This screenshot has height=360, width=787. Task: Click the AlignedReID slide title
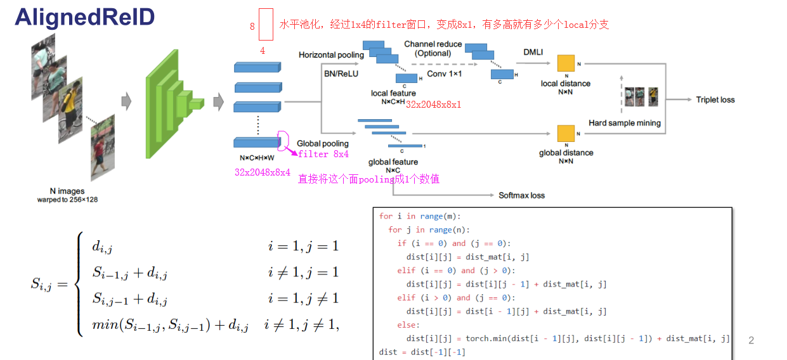point(85,17)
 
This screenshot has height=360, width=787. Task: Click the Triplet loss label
point(715,100)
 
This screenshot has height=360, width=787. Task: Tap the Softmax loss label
point(521,195)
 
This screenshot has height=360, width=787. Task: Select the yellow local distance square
point(566,64)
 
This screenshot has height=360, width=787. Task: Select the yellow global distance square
point(566,133)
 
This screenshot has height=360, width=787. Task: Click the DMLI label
point(533,52)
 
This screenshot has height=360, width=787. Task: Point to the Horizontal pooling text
point(331,55)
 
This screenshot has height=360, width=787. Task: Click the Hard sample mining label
point(624,123)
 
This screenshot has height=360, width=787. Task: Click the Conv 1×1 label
point(444,74)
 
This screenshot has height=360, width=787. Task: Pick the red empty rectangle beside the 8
point(266,25)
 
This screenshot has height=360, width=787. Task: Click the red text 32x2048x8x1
point(434,104)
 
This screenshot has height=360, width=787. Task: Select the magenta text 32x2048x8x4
point(262,172)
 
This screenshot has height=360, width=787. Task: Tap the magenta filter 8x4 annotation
point(323,154)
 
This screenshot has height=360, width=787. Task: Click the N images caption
point(67,191)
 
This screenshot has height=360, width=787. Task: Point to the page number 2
point(751,340)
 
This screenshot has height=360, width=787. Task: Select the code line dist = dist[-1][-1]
point(422,352)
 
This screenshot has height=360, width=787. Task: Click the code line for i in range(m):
point(420,216)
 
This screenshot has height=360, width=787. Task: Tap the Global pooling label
point(323,144)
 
